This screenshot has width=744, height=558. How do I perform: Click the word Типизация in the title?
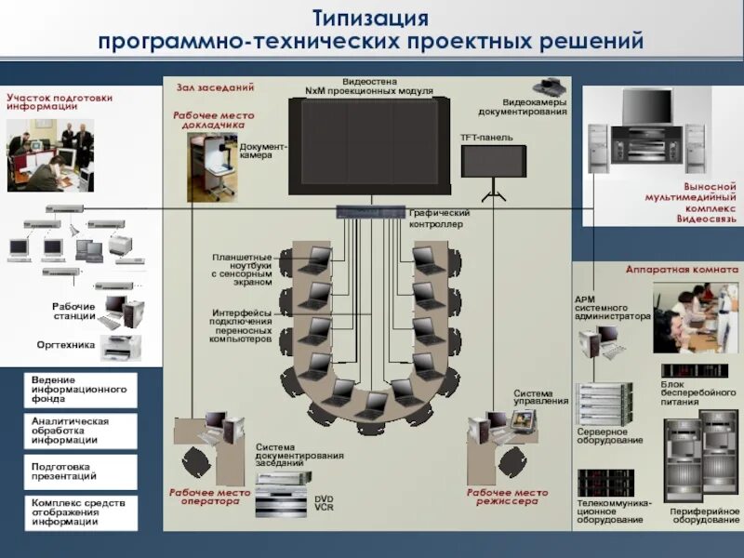coord(370,18)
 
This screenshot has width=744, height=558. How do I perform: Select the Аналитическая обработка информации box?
coord(80,431)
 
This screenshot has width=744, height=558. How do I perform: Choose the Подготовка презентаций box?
coord(80,471)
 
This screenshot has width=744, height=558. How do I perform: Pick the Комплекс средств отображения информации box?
coord(80,511)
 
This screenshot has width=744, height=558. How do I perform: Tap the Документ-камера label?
coord(263,151)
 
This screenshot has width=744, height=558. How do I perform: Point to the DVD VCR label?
coord(324,502)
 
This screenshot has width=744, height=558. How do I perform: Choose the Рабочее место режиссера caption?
coord(508,497)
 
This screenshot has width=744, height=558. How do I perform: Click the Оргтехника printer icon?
coord(120,347)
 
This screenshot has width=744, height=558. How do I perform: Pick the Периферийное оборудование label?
coord(704,515)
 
